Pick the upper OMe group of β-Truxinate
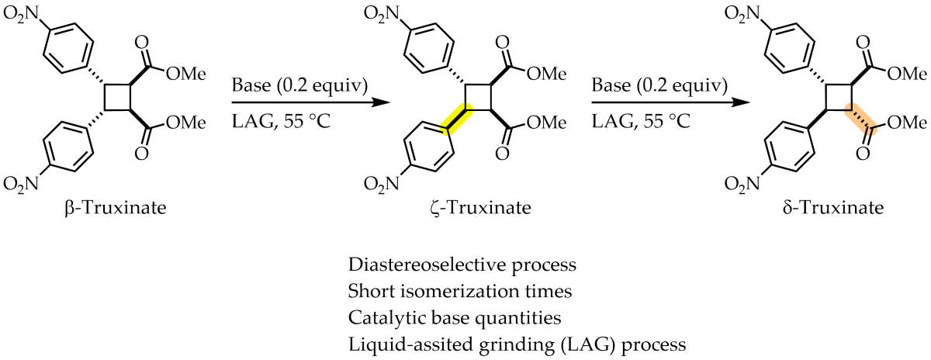click(179, 74)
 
